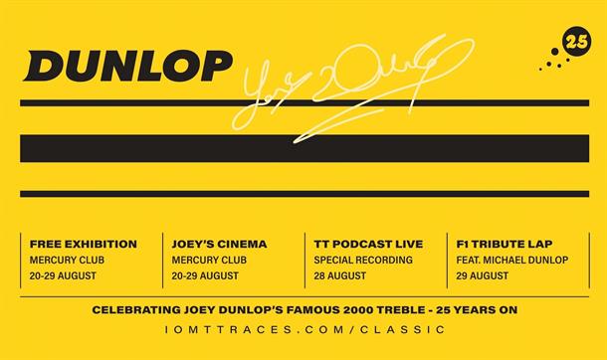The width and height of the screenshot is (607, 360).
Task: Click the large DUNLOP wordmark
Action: tap(128, 66)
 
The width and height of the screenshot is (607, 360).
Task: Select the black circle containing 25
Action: tap(576, 41)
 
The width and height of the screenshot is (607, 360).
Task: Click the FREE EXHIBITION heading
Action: tap(84, 244)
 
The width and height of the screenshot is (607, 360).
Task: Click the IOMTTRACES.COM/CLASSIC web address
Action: tap(303, 329)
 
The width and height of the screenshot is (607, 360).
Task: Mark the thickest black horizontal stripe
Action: tap(303, 148)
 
